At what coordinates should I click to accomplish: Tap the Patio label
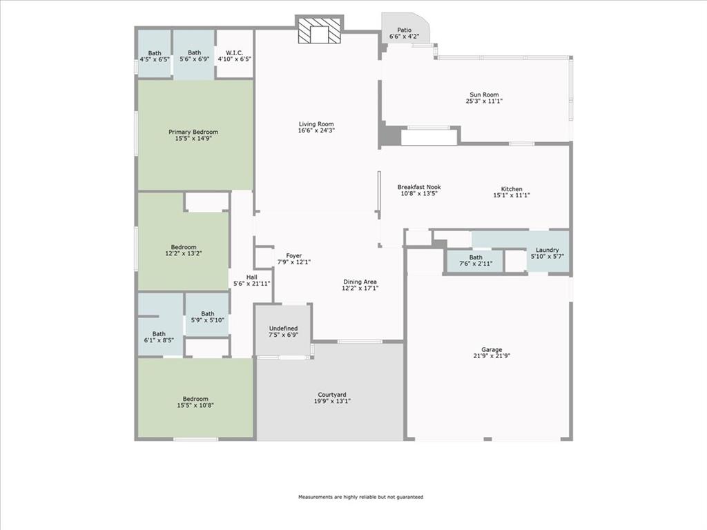click(x=404, y=30)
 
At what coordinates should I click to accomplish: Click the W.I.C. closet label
click(x=235, y=52)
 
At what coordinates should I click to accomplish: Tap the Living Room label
click(x=316, y=124)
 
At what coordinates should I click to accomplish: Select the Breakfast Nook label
click(x=418, y=187)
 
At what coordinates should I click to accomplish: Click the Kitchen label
click(x=512, y=189)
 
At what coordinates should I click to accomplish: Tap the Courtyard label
click(x=331, y=395)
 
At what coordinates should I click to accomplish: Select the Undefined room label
click(x=283, y=328)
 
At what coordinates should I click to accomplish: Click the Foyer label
click(x=293, y=255)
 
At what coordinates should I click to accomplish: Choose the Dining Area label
click(x=360, y=282)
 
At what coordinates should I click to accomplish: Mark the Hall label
click(x=251, y=277)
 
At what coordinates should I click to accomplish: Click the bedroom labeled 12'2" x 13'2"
click(x=184, y=247)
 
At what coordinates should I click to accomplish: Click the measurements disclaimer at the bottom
click(x=360, y=497)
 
